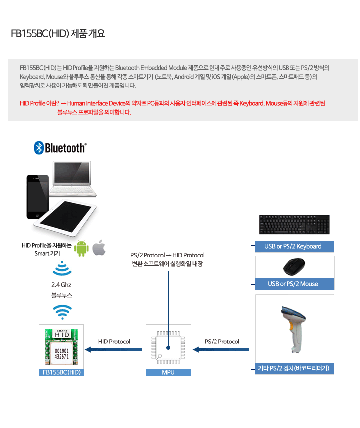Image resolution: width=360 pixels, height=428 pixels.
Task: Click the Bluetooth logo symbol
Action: click(x=39, y=148)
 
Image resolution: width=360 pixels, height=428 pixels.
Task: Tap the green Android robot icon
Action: click(x=81, y=249)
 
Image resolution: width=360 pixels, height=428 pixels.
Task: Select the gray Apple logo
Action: click(x=99, y=247)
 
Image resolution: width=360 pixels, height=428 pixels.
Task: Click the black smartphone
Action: click(x=37, y=197)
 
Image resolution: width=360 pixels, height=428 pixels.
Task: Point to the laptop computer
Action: click(x=72, y=178)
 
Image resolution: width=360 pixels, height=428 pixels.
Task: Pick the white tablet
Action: click(x=66, y=218)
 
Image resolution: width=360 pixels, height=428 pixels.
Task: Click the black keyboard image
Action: click(x=294, y=224)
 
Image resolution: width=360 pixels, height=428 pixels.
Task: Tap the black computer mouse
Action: click(x=294, y=267)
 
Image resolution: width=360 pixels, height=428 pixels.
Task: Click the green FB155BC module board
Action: click(x=62, y=346)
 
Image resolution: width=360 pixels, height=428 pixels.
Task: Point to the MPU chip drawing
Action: click(x=168, y=347)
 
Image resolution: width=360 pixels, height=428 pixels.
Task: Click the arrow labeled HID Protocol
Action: click(x=113, y=349)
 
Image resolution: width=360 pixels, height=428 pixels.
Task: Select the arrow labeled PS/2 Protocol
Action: click(x=221, y=349)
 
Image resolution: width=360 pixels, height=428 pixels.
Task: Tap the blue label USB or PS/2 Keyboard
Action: click(x=294, y=246)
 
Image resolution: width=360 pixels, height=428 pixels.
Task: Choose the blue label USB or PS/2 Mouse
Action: click(x=294, y=284)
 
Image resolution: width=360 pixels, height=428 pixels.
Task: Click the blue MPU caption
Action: click(x=168, y=372)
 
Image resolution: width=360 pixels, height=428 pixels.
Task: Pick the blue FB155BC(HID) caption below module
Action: click(x=62, y=372)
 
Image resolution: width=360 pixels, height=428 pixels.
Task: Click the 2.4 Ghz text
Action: click(x=61, y=285)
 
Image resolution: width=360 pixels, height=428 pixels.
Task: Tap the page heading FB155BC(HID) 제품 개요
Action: click(x=58, y=34)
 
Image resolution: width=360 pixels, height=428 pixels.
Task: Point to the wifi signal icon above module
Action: click(x=62, y=312)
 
